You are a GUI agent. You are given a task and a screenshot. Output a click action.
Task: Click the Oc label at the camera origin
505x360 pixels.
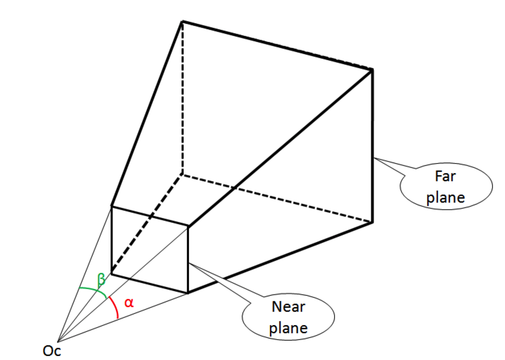[x=52, y=351]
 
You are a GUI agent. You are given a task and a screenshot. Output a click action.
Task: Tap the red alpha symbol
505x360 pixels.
[x=129, y=303]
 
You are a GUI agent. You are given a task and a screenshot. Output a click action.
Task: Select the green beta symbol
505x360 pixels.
[x=101, y=280]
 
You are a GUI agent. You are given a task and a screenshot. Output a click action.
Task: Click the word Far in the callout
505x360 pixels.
[x=445, y=176]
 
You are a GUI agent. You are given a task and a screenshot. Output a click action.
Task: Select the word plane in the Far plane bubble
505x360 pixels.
[x=445, y=198]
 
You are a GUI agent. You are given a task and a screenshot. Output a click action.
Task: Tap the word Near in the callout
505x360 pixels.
[x=288, y=306]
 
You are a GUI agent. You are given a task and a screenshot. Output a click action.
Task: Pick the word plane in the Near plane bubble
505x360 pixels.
[x=288, y=328]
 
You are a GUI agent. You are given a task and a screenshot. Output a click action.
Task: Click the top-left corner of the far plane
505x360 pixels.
[x=182, y=22]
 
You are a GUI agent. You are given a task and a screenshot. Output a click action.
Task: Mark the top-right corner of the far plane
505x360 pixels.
[x=372, y=70]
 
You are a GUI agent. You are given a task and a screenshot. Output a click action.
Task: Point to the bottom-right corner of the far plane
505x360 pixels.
[x=372, y=222]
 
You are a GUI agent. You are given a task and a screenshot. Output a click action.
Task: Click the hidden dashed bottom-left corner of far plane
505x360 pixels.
[x=182, y=174]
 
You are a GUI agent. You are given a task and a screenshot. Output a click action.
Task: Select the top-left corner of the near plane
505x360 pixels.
[x=112, y=206]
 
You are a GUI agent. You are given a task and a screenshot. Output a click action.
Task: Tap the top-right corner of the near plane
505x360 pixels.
[x=188, y=225]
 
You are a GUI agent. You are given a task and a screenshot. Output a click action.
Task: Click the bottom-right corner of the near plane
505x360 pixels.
[x=188, y=293]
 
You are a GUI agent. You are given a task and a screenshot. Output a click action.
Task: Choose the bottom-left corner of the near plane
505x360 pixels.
[x=112, y=274]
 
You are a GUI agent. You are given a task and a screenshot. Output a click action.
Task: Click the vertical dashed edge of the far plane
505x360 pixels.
[x=182, y=99]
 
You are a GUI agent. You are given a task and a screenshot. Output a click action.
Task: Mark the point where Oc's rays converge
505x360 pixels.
[x=58, y=342]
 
